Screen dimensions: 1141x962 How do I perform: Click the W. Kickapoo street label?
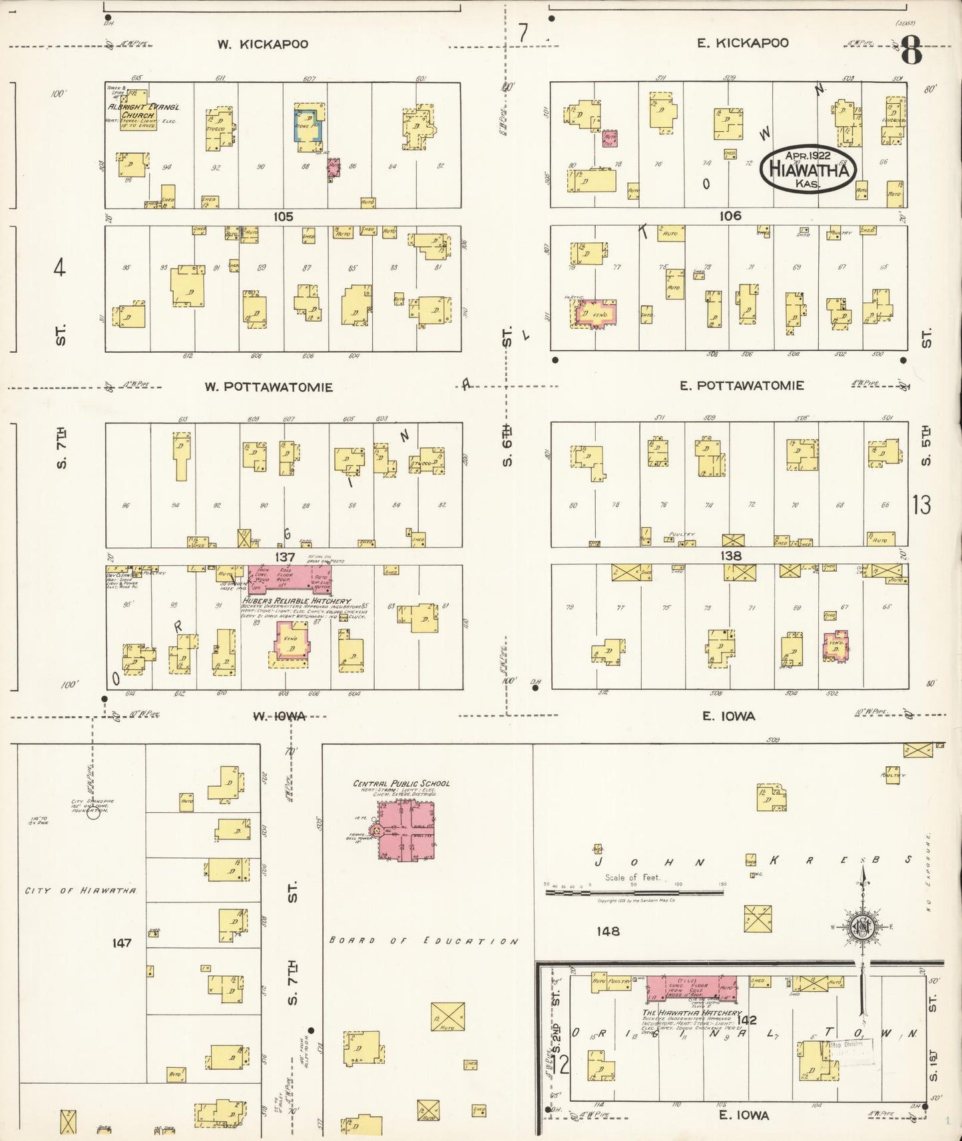tap(262, 45)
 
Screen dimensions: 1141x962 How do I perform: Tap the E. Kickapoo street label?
tap(742, 43)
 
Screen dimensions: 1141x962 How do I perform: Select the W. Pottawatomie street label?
tap(268, 387)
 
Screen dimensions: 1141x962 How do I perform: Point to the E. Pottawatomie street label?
tap(742, 385)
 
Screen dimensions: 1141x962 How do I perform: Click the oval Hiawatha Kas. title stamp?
tap(808, 168)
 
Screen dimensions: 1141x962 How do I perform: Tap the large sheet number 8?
tap(911, 51)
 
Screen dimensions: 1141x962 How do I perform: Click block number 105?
tap(283, 216)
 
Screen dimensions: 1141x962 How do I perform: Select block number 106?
tap(730, 216)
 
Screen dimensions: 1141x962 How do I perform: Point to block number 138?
tap(730, 555)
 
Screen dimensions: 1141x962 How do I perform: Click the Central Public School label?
tap(401, 784)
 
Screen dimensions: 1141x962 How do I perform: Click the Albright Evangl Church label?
tap(143, 111)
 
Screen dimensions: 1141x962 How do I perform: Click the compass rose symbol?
tap(862, 926)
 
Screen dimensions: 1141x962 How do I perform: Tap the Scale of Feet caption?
tap(632, 877)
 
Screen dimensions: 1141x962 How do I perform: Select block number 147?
tap(122, 943)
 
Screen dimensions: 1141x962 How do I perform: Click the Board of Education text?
tap(423, 941)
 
